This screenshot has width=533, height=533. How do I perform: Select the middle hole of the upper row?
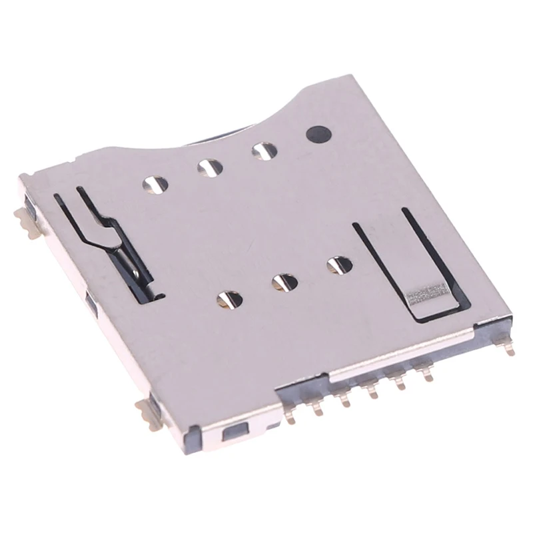pos(210,167)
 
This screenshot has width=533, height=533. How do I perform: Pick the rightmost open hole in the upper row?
pos(264,151)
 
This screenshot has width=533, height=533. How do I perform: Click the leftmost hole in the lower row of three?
pos(229,300)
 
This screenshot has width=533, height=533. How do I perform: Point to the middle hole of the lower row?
pos(284,282)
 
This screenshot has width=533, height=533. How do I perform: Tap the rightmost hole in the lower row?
pos(340,265)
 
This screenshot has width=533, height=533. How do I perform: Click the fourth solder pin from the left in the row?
pos(370,390)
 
